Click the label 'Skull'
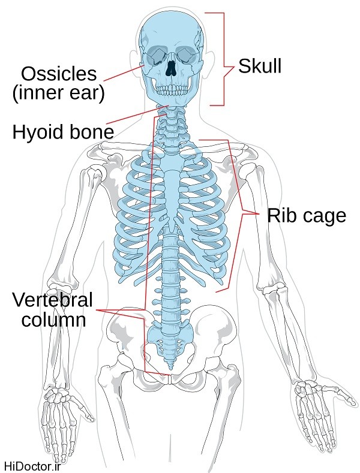click(259, 67)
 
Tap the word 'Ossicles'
click(58, 74)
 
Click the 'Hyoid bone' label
click(63, 131)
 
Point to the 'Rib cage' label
click(307, 215)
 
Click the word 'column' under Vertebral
click(53, 320)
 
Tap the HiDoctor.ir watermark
click(32, 466)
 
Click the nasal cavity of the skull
click(172, 67)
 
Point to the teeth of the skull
click(172, 89)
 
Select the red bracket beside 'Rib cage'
click(240, 213)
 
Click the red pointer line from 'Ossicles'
click(123, 73)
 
